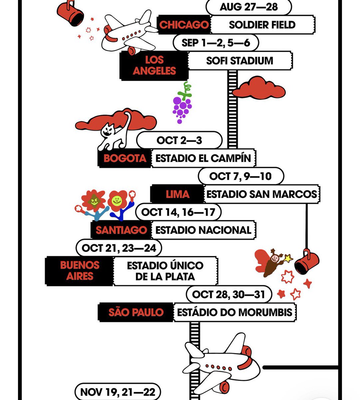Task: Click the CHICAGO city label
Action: pyautogui.click(x=184, y=25)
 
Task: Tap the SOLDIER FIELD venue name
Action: pyautogui.click(x=262, y=25)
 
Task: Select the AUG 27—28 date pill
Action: pyautogui.click(x=249, y=7)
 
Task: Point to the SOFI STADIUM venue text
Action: pyautogui.click(x=239, y=61)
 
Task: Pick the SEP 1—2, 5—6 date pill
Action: pyautogui.click(x=216, y=43)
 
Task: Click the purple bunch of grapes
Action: pyautogui.click(x=182, y=103)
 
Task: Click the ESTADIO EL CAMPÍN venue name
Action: pyautogui.click(x=203, y=158)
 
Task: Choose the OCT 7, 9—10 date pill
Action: pyautogui.click(x=241, y=176)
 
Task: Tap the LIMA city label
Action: pyautogui.click(x=177, y=194)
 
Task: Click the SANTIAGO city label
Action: pyautogui.click(x=121, y=230)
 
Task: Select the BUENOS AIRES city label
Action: pyautogui.click(x=80, y=271)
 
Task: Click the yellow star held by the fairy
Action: pyautogui.click(x=288, y=258)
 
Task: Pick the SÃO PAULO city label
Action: pyautogui.click(x=136, y=312)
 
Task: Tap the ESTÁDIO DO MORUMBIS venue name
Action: pyautogui.click(x=234, y=312)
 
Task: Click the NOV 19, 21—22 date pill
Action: pyautogui.click(x=118, y=392)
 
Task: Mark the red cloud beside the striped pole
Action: pyautogui.click(x=259, y=88)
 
